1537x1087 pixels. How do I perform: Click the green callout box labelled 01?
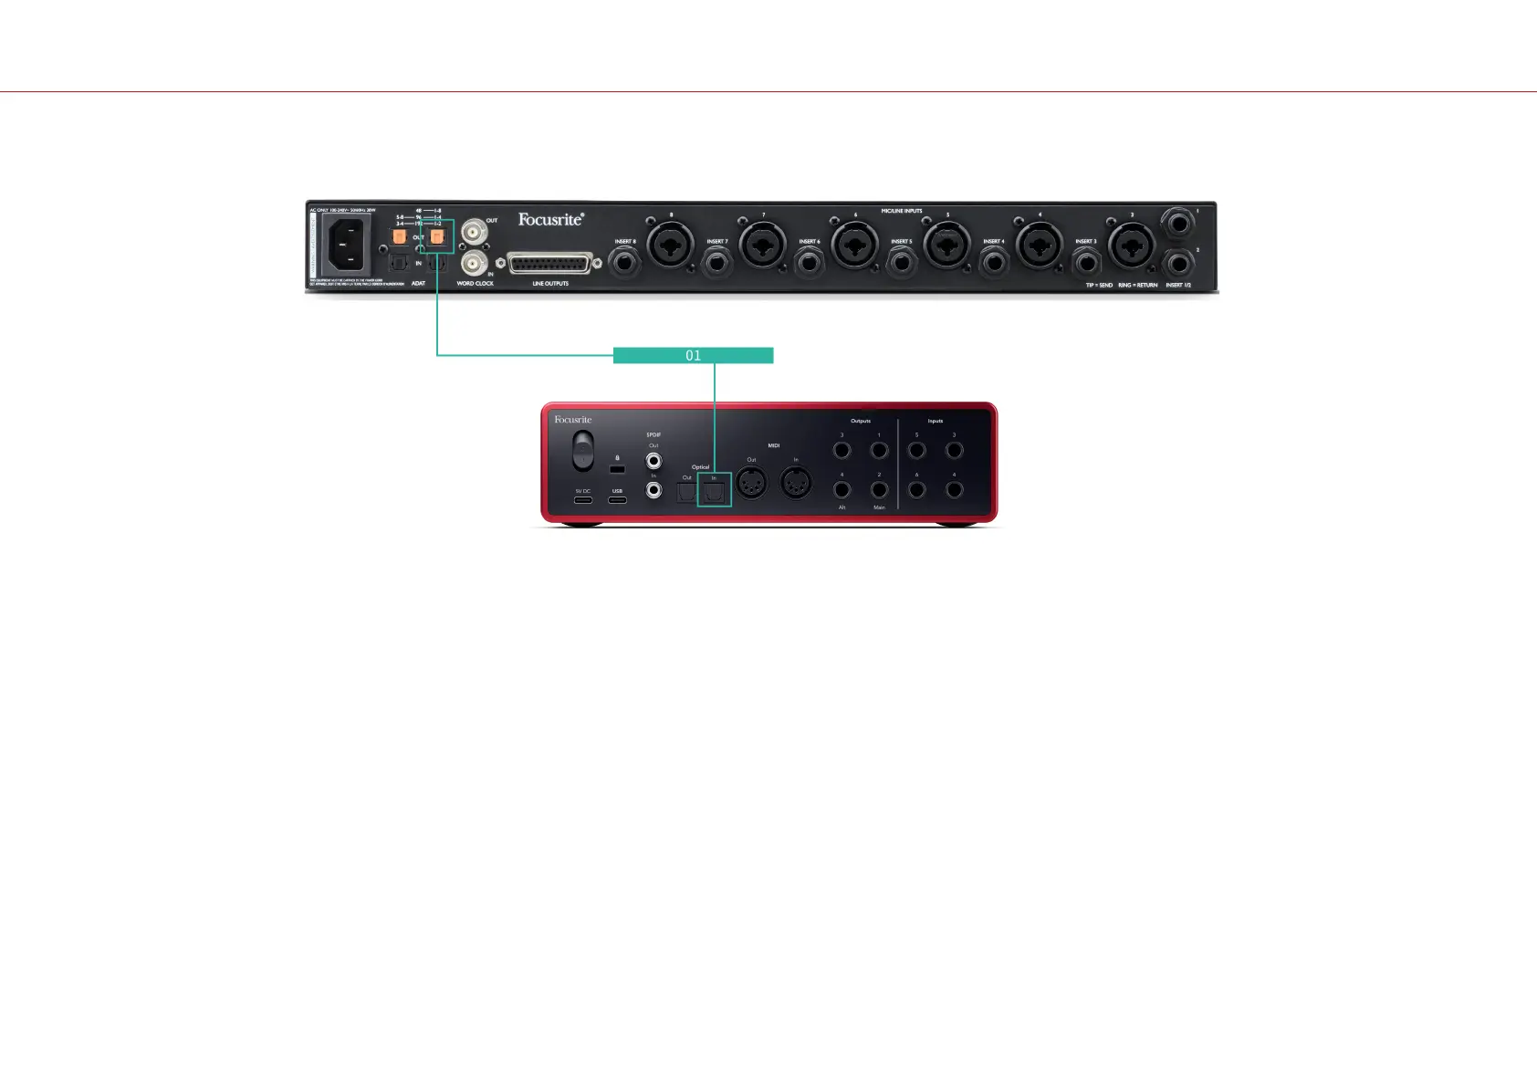point(693,355)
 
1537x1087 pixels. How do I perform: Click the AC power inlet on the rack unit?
point(345,244)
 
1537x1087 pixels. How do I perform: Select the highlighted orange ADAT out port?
point(437,237)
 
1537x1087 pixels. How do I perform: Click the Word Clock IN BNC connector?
point(473,264)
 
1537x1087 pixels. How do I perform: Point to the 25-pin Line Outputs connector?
point(550,264)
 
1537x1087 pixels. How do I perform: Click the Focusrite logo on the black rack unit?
point(550,219)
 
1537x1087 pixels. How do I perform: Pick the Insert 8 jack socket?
point(624,264)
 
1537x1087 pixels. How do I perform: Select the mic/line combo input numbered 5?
point(946,245)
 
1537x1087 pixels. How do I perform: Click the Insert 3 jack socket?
point(1085,264)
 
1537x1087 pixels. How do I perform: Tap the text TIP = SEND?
point(1099,285)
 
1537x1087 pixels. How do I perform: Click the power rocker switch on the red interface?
point(582,452)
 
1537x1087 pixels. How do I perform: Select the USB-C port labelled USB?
point(618,501)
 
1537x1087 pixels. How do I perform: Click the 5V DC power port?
point(582,501)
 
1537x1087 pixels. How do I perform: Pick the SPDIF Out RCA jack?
point(653,461)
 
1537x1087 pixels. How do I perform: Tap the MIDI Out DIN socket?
point(751,484)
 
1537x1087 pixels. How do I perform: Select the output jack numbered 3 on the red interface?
point(842,450)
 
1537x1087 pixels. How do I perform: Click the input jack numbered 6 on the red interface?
point(916,490)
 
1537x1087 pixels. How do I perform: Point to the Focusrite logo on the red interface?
point(573,420)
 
